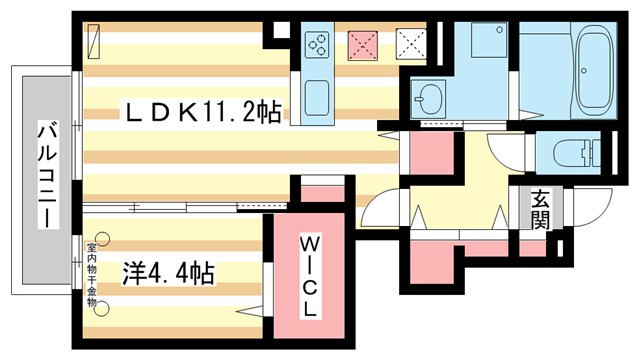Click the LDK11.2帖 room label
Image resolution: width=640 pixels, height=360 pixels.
(200, 112)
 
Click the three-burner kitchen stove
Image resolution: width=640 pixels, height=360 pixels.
(319, 45)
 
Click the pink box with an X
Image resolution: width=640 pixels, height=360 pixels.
(361, 43)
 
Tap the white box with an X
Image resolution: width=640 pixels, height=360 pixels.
(410, 43)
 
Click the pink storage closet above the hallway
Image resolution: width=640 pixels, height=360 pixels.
(432, 154)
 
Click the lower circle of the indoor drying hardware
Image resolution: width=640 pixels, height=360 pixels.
(101, 309)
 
